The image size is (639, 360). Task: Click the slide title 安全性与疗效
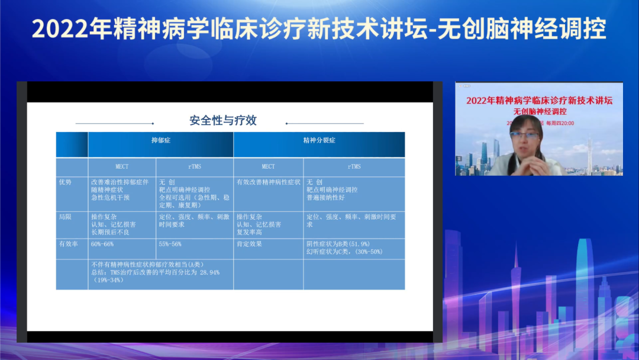222,121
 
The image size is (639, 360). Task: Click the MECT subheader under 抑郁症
122,166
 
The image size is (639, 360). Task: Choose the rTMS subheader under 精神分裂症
354,166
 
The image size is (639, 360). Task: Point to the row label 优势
64,182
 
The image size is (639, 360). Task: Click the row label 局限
64,217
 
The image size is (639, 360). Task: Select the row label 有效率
67,244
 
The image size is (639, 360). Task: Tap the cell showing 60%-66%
102,244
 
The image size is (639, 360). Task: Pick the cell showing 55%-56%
170,244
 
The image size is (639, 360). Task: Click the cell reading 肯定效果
249,244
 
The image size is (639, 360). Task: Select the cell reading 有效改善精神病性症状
269,182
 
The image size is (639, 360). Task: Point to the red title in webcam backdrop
538,101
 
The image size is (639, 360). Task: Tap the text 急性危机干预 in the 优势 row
110,197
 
